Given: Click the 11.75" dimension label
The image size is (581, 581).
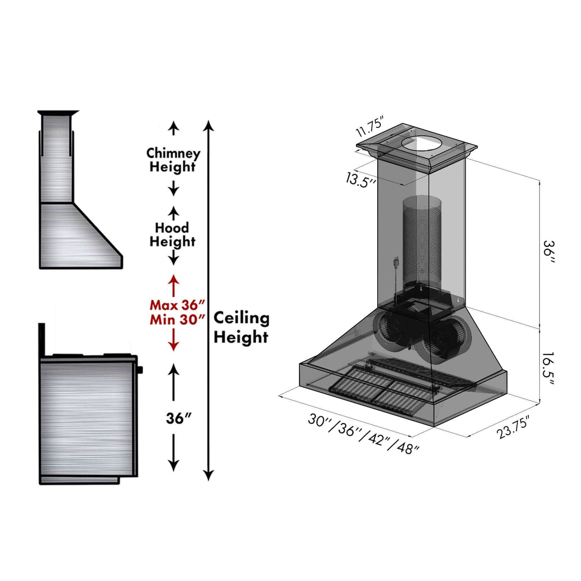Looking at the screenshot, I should pos(370,128).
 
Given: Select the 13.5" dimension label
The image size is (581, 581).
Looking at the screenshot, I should pos(360,180).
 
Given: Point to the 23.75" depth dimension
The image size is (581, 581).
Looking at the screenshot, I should pos(514,427).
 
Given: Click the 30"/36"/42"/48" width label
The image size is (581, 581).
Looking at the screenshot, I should pos(364,433).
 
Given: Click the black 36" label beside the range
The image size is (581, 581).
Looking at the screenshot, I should pos(179,418).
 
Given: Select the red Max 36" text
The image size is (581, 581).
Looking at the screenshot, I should pos(178,305).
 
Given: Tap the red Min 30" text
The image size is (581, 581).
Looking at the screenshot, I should pos(178,319).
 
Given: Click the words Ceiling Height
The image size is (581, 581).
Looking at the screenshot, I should pos(241,327).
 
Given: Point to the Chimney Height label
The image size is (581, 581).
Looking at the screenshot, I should pos(173,160).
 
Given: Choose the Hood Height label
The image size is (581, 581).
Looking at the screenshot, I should pos(172,235).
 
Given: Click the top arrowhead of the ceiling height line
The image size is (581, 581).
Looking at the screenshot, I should pos(208,126).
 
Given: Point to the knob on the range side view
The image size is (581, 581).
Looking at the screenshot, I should pos(140,369).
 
